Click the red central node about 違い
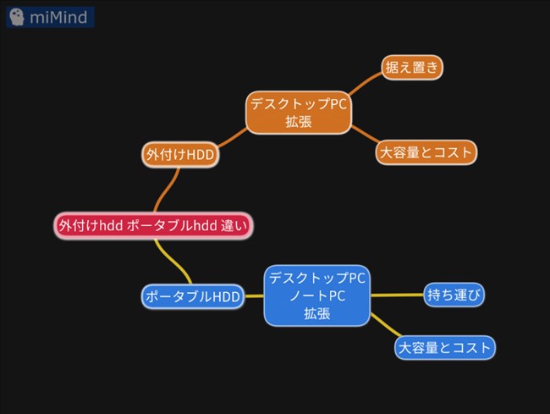tap(153, 225)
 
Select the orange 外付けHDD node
tap(180, 154)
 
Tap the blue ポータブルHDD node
tap(193, 296)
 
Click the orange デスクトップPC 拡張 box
tap(299, 113)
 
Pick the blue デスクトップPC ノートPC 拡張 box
tap(317, 295)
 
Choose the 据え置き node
tap(412, 68)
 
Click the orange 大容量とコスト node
tap(426, 152)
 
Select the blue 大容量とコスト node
tap(445, 348)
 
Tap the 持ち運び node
tap(454, 295)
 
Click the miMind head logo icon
tap(16, 17)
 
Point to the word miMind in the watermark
tap(58, 17)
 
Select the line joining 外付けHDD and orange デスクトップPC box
tap(232, 137)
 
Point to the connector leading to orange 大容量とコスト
tap(366, 134)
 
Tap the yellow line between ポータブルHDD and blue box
tap(255, 296)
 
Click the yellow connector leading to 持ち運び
tap(397, 295)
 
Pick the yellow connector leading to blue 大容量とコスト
tap(385, 325)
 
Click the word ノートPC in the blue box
tap(317, 295)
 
